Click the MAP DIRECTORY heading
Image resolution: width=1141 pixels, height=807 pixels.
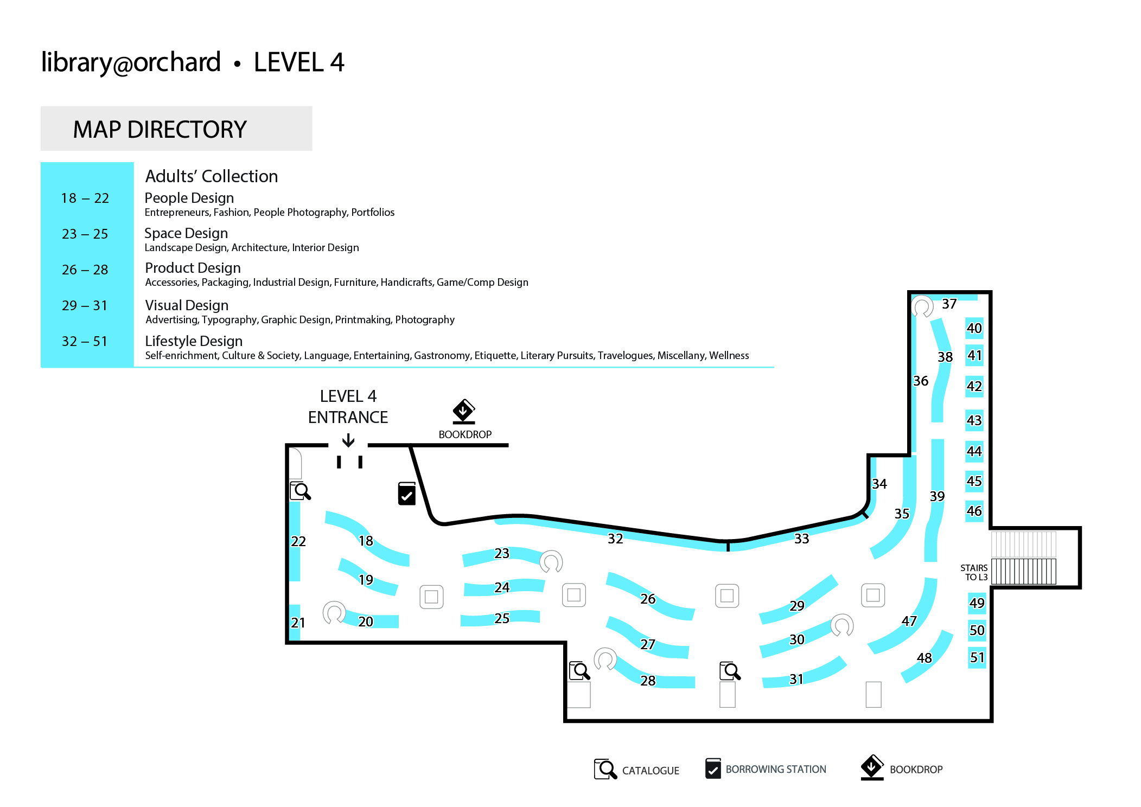[160, 130]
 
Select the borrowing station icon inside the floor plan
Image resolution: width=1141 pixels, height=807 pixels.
[407, 494]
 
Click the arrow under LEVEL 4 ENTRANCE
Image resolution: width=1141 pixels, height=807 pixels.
[348, 440]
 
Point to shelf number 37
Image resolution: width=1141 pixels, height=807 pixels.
[949, 304]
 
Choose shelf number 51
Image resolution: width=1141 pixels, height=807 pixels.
[977, 657]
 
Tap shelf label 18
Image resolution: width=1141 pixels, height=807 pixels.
[366, 541]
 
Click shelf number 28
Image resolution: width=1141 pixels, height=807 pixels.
[648, 681]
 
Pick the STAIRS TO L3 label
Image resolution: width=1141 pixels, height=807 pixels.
[974, 572]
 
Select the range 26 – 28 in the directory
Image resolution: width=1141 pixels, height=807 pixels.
[85, 270]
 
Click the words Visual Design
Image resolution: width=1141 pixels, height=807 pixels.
[187, 305]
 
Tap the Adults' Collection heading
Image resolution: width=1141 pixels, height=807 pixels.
[212, 176]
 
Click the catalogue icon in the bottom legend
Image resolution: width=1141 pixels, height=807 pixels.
[605, 768]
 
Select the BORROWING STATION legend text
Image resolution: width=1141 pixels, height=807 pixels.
[776, 769]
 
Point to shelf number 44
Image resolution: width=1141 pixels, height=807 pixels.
[974, 451]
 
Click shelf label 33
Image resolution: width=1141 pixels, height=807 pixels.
[801, 539]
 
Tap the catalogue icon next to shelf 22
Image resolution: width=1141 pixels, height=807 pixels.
[300, 491]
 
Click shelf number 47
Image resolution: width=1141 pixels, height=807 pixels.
[909, 621]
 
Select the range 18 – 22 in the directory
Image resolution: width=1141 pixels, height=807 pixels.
[85, 198]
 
